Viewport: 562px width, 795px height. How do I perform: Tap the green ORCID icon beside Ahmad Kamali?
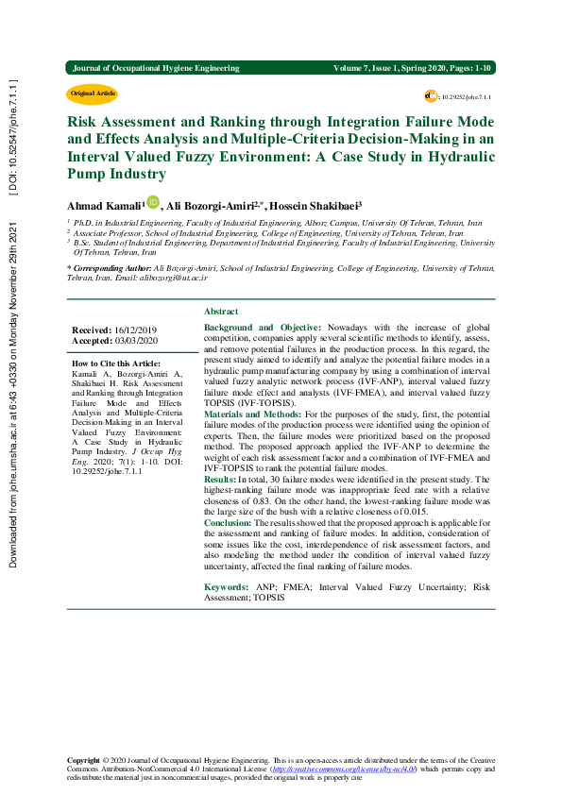click(x=154, y=202)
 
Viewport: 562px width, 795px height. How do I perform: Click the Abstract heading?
click(x=221, y=311)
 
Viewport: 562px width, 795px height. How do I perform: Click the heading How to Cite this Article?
click(x=116, y=364)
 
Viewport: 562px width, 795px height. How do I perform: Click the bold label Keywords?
click(x=227, y=561)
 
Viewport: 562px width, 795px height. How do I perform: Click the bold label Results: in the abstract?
click(x=221, y=480)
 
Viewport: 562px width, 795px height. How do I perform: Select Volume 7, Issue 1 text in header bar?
click(x=378, y=68)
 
